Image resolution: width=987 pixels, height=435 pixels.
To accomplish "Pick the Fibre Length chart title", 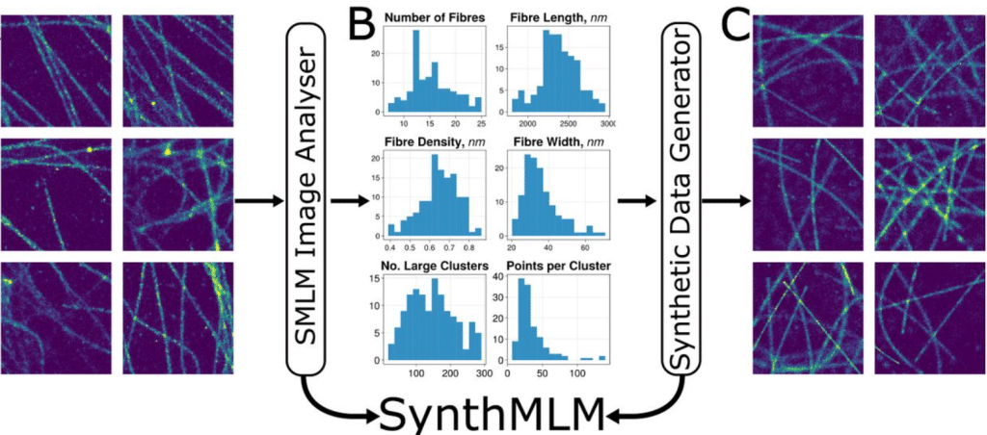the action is pyautogui.click(x=554, y=18).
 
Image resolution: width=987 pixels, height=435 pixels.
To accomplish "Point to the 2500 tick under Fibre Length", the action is pyautogui.click(x=567, y=122).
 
